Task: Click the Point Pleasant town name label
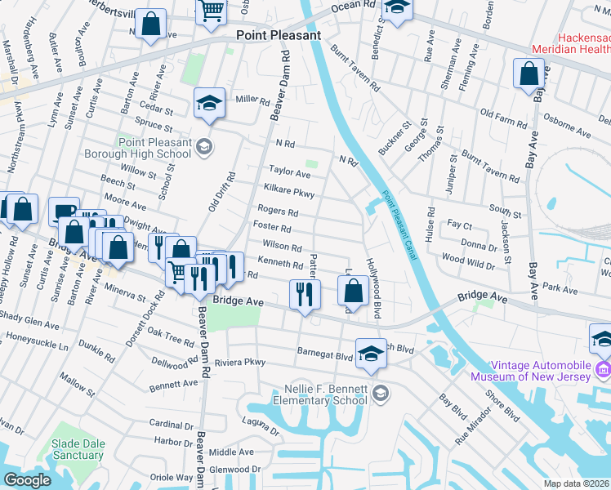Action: pos(279,35)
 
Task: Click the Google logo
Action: pos(27,480)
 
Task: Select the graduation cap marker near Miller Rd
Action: pos(209,104)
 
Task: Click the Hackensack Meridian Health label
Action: pos(571,43)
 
